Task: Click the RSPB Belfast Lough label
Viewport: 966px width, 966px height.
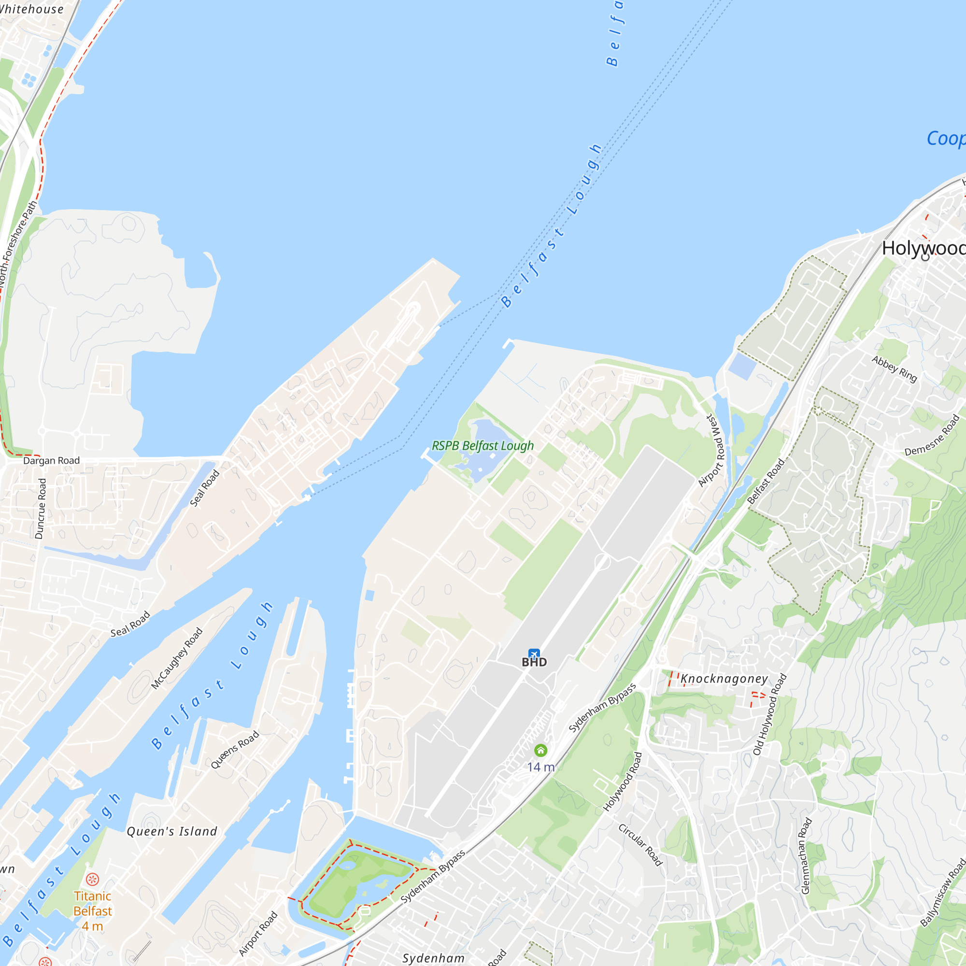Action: click(x=483, y=445)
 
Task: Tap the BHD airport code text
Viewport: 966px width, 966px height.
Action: click(x=534, y=662)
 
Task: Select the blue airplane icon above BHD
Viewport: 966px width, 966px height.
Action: click(x=534, y=654)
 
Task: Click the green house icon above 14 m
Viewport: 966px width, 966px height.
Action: click(x=540, y=750)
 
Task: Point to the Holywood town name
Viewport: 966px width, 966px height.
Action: click(x=923, y=248)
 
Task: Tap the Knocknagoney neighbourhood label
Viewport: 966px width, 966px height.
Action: click(x=724, y=679)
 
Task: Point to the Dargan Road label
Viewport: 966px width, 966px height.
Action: click(x=52, y=460)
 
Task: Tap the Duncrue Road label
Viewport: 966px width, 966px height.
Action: click(x=41, y=509)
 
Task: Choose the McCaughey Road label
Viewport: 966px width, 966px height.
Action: click(x=177, y=658)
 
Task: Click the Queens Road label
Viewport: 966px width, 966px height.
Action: click(x=235, y=749)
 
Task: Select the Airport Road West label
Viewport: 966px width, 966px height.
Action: click(x=711, y=450)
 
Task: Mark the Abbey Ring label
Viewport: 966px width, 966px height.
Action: click(x=895, y=369)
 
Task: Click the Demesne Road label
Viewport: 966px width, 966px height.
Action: click(x=933, y=435)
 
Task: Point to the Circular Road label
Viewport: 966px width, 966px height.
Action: click(x=640, y=844)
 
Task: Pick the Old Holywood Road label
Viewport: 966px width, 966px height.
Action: click(x=770, y=714)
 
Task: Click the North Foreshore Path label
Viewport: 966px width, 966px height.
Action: click(x=18, y=243)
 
